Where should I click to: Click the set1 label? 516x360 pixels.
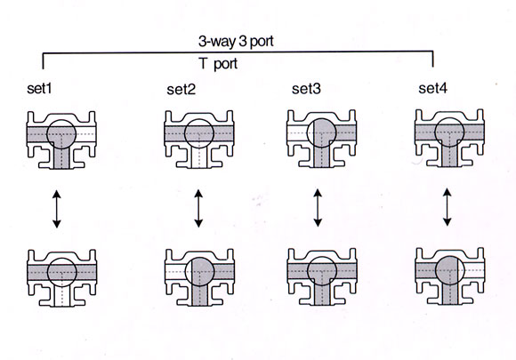pyautogui.click(x=39, y=88)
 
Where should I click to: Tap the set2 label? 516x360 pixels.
pyautogui.click(x=181, y=89)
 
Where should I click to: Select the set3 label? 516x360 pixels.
pyautogui.click(x=306, y=88)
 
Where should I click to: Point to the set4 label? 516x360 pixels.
pyautogui.click(x=432, y=88)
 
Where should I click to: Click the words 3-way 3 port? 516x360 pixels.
pyautogui.click(x=236, y=42)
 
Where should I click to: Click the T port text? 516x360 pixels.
pyautogui.click(x=219, y=63)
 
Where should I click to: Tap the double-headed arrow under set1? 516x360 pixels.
pyautogui.click(x=57, y=209)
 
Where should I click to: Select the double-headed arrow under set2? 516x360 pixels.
pyautogui.click(x=198, y=208)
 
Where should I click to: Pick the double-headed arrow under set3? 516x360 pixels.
pyautogui.click(x=318, y=207)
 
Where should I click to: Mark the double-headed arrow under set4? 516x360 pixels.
pyautogui.click(x=447, y=207)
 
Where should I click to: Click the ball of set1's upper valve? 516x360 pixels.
pyautogui.click(x=61, y=134)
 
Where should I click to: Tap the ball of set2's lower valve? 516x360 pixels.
pyautogui.click(x=200, y=272)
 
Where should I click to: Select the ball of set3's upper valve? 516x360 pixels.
pyautogui.click(x=321, y=133)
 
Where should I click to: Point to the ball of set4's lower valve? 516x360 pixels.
pyautogui.click(x=450, y=270)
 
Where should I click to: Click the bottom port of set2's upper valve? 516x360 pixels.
pyautogui.click(x=199, y=158)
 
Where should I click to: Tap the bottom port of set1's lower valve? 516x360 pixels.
pyautogui.click(x=61, y=296)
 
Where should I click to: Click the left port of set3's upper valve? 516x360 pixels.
pyautogui.click(x=297, y=133)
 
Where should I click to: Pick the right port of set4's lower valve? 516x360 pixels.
pyautogui.click(x=474, y=270)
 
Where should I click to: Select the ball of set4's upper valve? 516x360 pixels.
pyautogui.click(x=449, y=132)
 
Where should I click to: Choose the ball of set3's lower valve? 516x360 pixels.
pyautogui.click(x=322, y=271)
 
